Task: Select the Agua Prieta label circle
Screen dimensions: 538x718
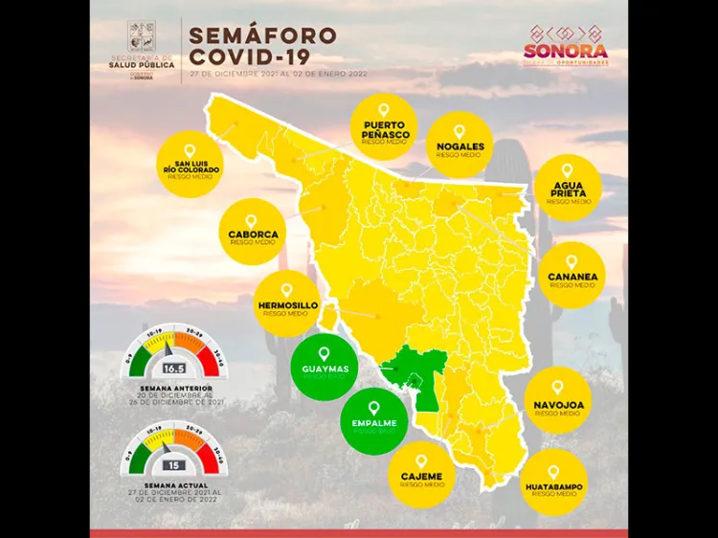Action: pos(569,188)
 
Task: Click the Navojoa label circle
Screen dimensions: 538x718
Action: pos(557,401)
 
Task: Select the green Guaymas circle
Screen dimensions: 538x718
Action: pos(324,367)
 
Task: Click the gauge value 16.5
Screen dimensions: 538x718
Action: pos(174,368)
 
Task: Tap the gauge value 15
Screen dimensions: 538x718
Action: pos(174,465)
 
